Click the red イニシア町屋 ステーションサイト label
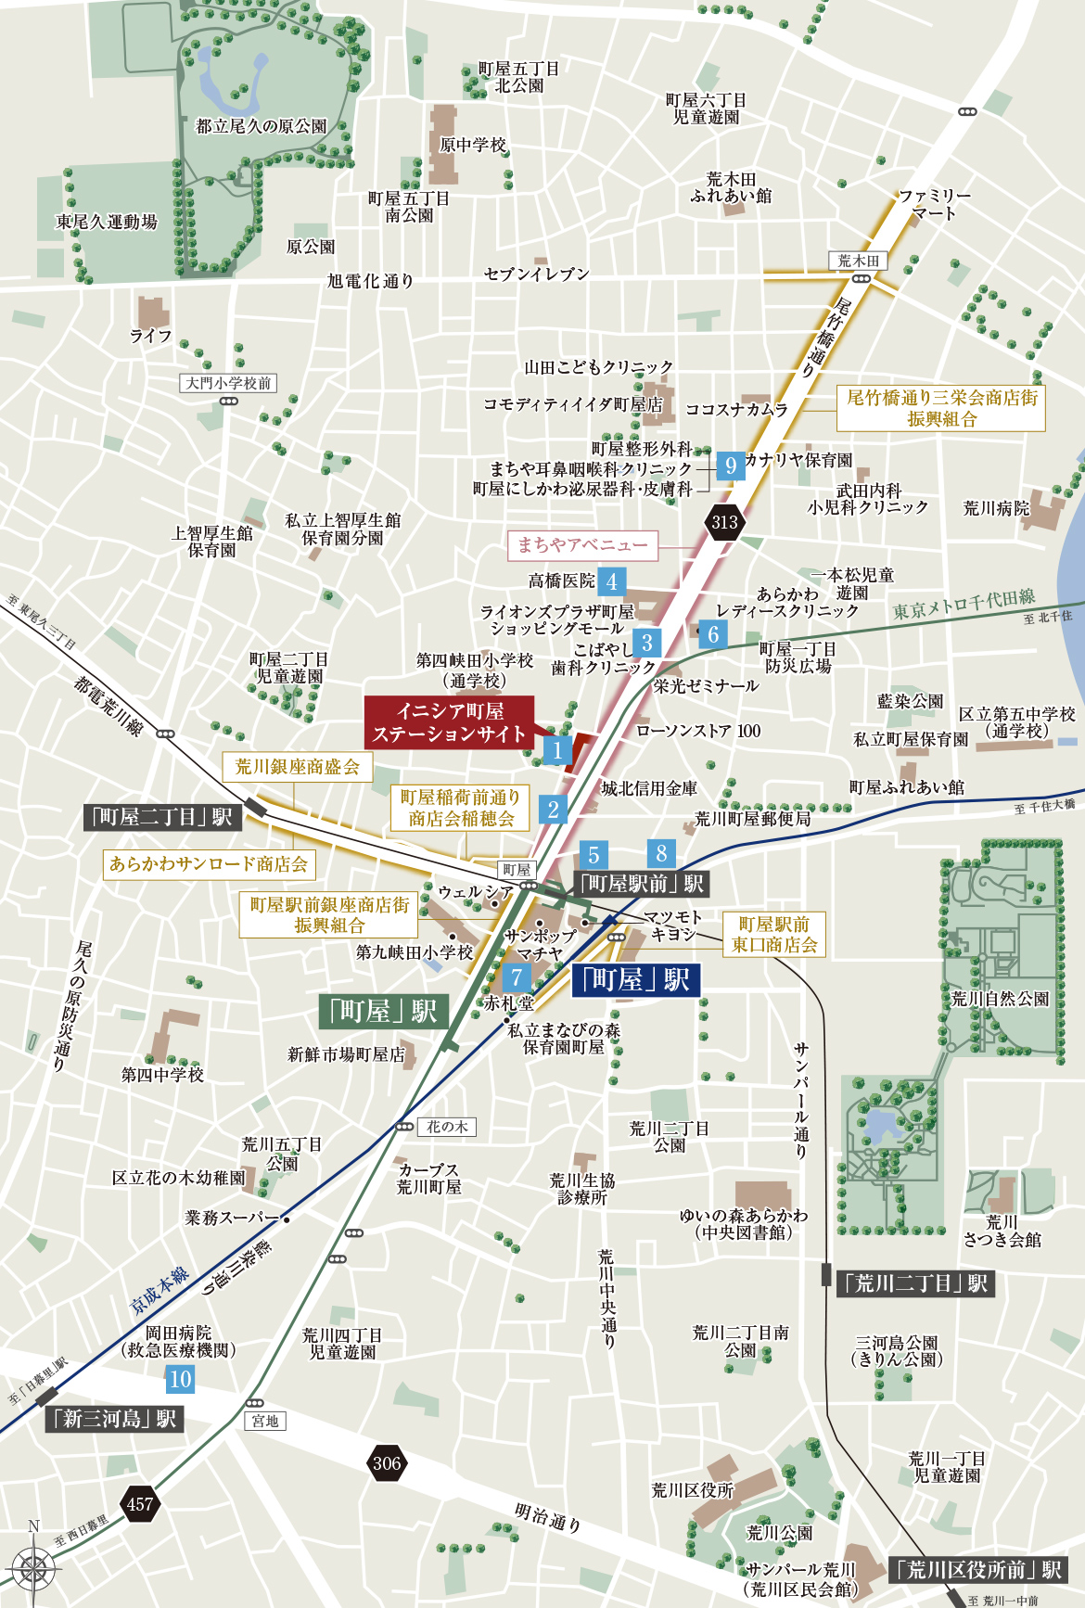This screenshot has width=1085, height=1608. pyautogui.click(x=449, y=722)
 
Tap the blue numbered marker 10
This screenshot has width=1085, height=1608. pyautogui.click(x=180, y=1379)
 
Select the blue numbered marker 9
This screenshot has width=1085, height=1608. pyautogui.click(x=731, y=465)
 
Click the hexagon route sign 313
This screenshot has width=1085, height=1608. pyautogui.click(x=724, y=522)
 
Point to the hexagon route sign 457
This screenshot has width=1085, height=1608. pyautogui.click(x=139, y=1504)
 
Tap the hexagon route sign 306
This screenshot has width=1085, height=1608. pyautogui.click(x=387, y=1463)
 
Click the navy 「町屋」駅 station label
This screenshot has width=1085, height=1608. pyautogui.click(x=635, y=980)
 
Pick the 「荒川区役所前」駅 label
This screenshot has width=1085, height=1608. pyautogui.click(x=978, y=1570)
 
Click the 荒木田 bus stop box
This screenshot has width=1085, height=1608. pyautogui.click(x=858, y=262)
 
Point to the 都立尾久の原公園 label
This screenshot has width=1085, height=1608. pyautogui.click(x=262, y=126)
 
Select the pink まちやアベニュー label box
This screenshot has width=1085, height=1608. pyautogui.click(x=582, y=545)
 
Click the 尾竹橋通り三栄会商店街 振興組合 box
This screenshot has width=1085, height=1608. pyautogui.click(x=941, y=408)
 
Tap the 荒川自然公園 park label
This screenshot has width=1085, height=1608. pyautogui.click(x=1000, y=999)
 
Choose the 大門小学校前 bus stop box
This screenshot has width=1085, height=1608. pyautogui.click(x=228, y=383)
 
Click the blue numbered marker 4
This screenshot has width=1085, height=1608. pyautogui.click(x=612, y=582)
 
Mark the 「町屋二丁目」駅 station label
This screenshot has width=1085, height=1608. pyautogui.click(x=162, y=817)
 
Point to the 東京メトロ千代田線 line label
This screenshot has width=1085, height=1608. pyautogui.click(x=964, y=605)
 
